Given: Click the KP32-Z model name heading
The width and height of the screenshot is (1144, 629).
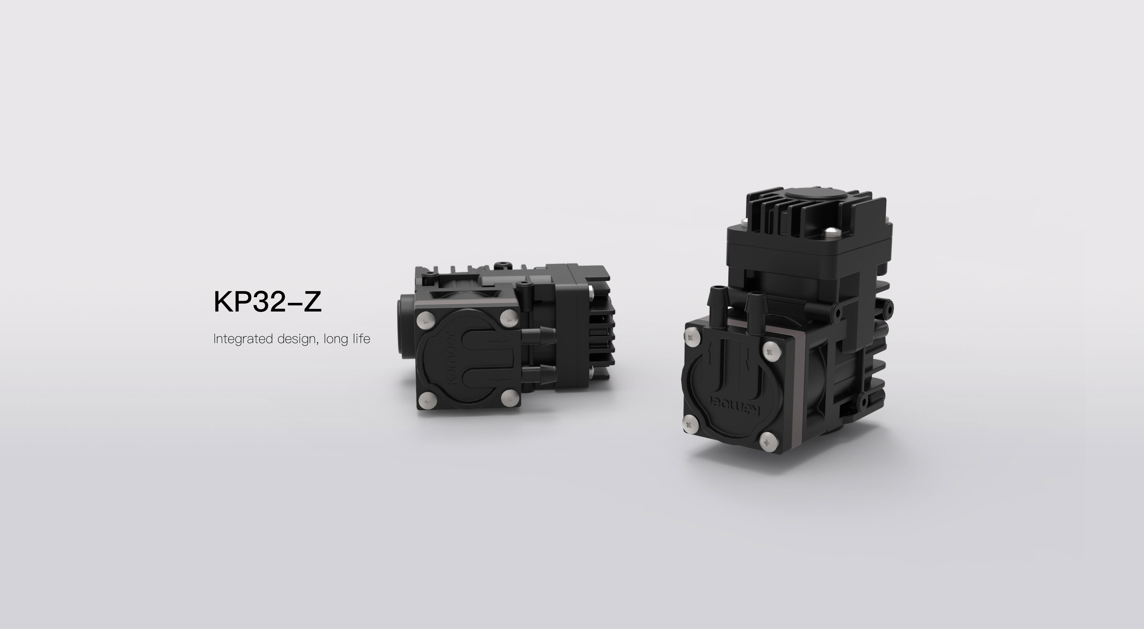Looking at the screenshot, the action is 267,302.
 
